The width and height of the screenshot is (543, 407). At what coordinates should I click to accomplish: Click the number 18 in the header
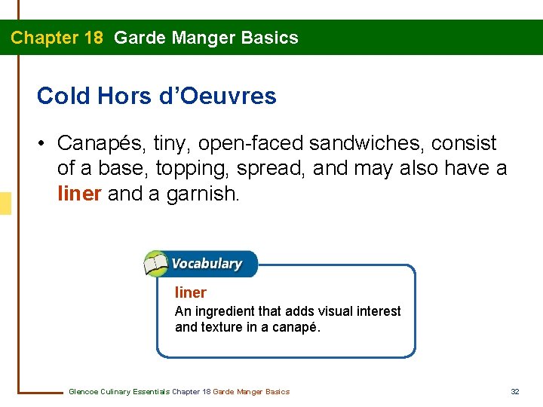coord(94,38)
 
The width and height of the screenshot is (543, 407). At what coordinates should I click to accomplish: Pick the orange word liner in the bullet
coord(79,194)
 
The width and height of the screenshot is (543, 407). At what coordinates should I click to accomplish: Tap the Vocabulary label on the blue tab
coord(207,264)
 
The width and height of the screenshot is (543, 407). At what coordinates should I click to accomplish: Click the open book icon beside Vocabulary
coord(156,264)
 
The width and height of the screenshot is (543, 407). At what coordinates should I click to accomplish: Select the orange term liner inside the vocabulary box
coord(190,292)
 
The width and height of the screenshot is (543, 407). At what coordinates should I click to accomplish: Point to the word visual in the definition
coord(320,311)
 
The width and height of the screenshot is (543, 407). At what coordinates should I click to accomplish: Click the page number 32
coord(516,391)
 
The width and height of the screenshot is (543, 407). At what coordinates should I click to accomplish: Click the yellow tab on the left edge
coord(5,203)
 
